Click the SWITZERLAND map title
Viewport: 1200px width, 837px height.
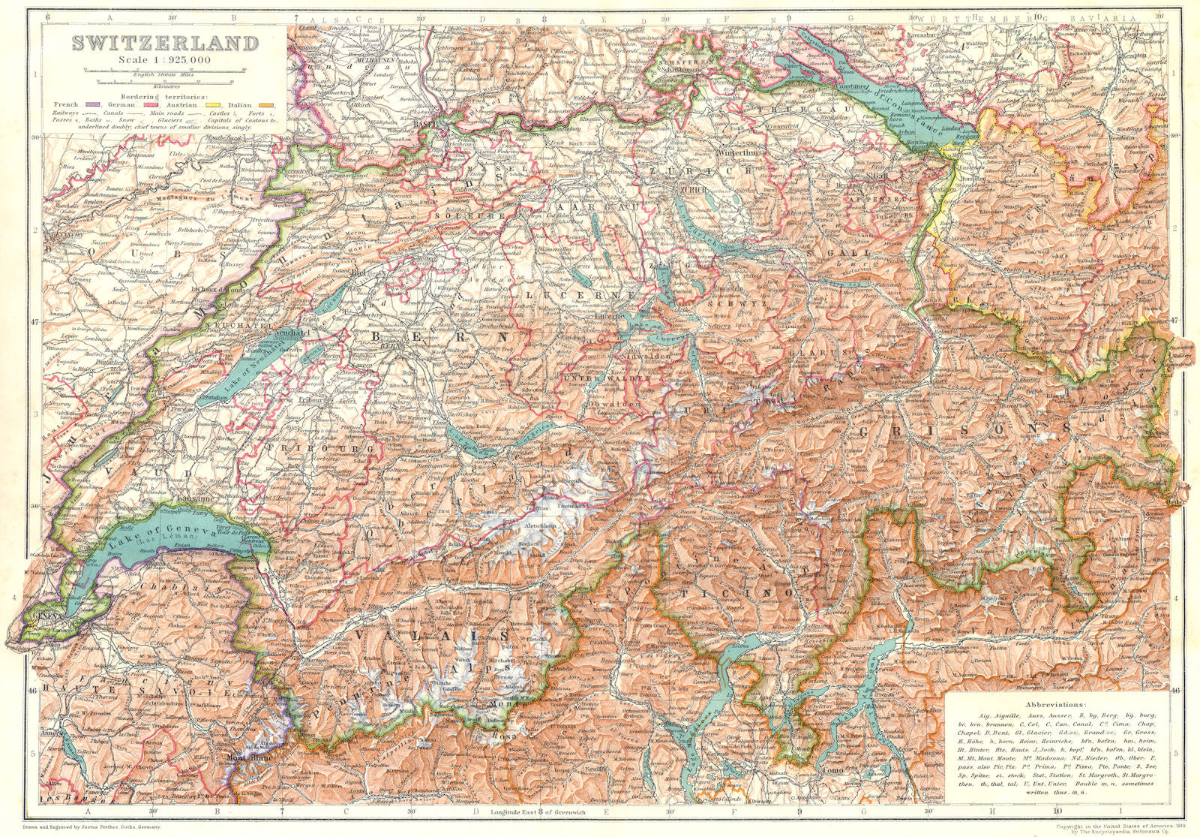click(x=163, y=44)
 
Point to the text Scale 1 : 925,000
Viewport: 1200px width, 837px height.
click(x=163, y=59)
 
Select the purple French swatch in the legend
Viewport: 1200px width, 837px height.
click(x=93, y=104)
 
